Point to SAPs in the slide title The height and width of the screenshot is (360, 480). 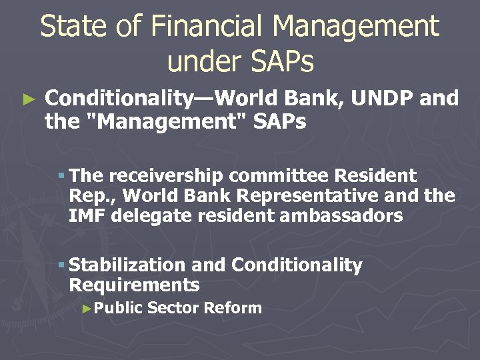(x=281, y=61)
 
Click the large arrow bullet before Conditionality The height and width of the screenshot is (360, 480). (x=27, y=100)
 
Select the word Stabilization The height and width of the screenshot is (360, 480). (x=127, y=265)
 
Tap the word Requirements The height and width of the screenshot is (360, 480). (x=134, y=285)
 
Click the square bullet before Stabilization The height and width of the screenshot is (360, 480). (x=61, y=266)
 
